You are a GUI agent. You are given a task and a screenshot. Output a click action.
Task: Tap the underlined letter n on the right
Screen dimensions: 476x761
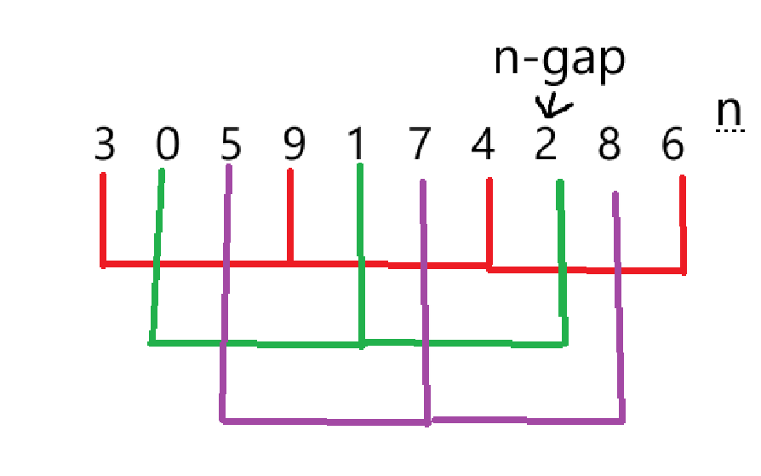(729, 113)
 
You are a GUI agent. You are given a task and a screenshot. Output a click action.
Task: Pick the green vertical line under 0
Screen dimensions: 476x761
(157, 255)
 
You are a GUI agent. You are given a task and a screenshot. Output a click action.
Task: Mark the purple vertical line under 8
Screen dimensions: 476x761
(619, 307)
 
